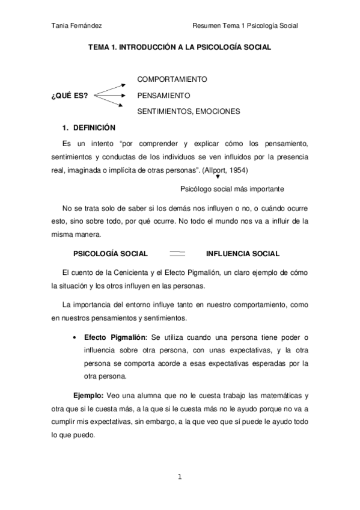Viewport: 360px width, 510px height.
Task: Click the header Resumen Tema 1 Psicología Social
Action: (x=245, y=25)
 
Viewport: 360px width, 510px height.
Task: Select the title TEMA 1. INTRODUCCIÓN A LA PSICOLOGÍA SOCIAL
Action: (x=180, y=46)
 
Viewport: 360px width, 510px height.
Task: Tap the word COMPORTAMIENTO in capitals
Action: (x=172, y=79)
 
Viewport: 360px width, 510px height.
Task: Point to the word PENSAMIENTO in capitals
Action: (x=163, y=95)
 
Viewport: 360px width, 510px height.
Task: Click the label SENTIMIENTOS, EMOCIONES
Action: (x=189, y=111)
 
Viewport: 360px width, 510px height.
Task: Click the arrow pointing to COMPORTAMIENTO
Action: (x=109, y=85)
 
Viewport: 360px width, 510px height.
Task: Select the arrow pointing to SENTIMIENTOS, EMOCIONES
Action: (x=109, y=103)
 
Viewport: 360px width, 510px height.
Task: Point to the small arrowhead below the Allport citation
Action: (x=217, y=177)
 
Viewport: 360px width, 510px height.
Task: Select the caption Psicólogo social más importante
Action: (x=232, y=188)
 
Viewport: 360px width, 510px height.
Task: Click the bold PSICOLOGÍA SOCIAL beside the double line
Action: (x=110, y=253)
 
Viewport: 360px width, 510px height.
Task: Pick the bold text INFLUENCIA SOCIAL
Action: (x=243, y=253)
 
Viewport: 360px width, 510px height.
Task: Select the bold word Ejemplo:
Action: (x=89, y=396)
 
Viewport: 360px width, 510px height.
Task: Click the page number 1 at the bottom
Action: (x=179, y=478)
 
